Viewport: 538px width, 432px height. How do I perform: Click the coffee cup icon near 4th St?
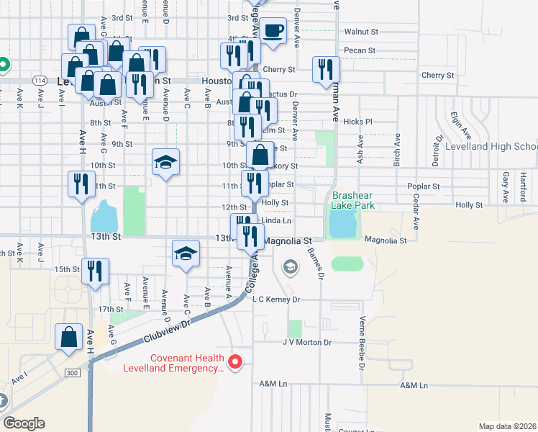273,31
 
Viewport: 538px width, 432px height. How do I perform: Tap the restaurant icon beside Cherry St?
326,69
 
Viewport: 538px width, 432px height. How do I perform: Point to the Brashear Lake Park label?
353,199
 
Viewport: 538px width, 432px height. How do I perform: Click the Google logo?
24,423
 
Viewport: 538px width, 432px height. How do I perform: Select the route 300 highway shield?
72,373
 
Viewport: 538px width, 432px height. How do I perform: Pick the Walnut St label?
361,32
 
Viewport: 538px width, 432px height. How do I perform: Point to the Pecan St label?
360,50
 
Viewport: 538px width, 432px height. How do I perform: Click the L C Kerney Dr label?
275,299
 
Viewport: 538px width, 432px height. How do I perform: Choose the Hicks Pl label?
357,122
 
